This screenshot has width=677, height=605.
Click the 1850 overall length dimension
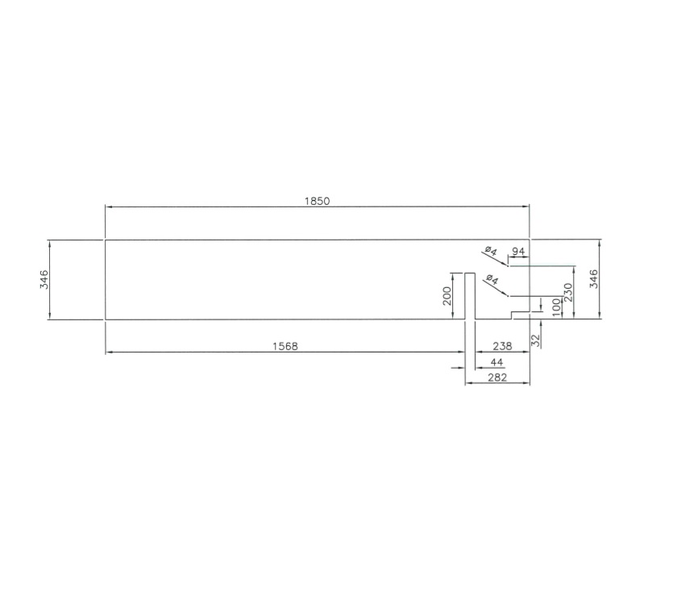[317, 201]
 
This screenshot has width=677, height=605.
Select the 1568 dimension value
[285, 346]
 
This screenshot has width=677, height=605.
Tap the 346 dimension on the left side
[44, 279]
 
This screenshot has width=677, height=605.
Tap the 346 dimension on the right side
[594, 279]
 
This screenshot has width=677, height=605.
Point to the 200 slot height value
[447, 296]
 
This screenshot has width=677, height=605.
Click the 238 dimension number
[501, 346]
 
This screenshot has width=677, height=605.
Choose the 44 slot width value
[497, 362]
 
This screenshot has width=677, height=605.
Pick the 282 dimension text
[497, 377]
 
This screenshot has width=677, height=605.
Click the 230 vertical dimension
[567, 292]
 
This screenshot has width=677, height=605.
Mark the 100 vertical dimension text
[556, 307]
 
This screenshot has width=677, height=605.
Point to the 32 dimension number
[535, 340]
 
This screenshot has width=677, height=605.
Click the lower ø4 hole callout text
[492, 281]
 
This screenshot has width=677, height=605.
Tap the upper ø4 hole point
[508, 265]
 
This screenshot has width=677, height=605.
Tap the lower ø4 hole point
[508, 295]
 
